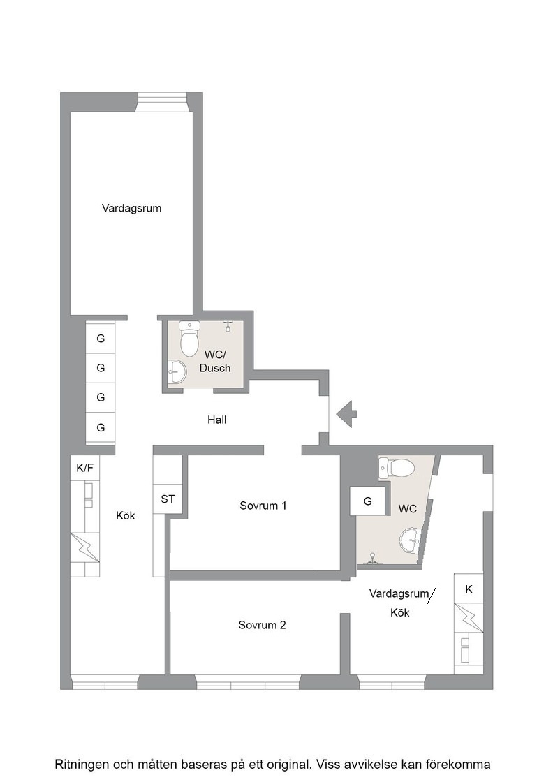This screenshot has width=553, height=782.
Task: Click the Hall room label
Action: click(217, 420)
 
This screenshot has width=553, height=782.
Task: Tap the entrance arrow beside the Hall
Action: click(346, 414)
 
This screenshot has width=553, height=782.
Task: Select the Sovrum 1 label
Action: click(263, 506)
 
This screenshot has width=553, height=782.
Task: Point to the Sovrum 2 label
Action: click(262, 625)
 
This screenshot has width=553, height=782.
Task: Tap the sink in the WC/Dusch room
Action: click(177, 372)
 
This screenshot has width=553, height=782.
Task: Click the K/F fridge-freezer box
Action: click(84, 468)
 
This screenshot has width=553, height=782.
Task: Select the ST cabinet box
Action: click(168, 499)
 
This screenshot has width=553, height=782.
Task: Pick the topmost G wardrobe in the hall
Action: click(101, 339)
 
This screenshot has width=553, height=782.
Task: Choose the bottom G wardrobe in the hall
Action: click(101, 427)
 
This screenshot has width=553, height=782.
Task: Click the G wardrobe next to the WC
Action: click(367, 501)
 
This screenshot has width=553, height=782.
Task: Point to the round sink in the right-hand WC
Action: click(412, 540)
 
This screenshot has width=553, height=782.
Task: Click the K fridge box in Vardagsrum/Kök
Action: click(469, 589)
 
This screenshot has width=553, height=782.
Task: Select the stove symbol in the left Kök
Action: click(84, 547)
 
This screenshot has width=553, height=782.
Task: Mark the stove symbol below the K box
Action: click(469, 619)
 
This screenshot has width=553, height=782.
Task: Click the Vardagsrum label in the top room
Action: click(132, 208)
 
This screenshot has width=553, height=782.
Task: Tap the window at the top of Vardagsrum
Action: click(162, 102)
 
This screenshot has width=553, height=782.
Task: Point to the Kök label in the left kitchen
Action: click(126, 516)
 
